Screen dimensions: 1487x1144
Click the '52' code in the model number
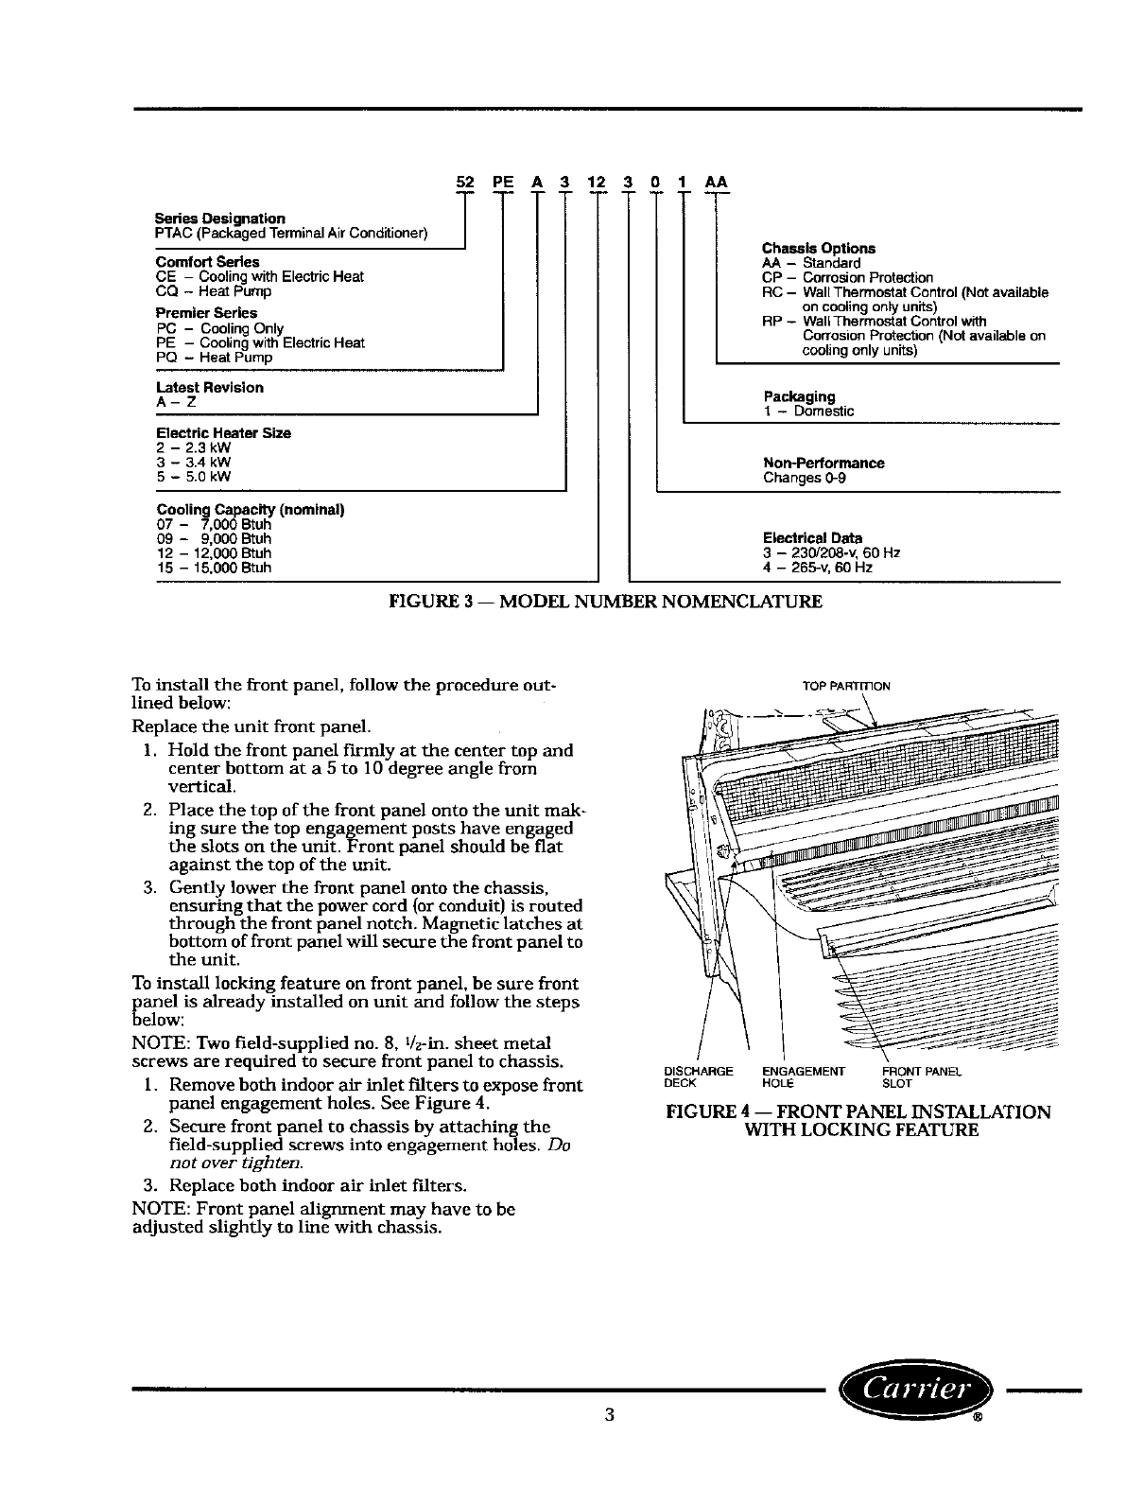pyautogui.click(x=464, y=180)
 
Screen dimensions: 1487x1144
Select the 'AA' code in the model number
pyautogui.click(x=716, y=180)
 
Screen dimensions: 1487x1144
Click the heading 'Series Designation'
pyautogui.click(x=220, y=219)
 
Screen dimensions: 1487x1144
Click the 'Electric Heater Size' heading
pyautogui.click(x=223, y=433)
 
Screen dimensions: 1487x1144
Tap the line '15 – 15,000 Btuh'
pyautogui.click(x=214, y=568)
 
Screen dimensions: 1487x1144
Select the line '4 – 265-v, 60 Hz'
pyautogui.click(x=818, y=568)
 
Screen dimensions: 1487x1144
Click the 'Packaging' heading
pyautogui.click(x=799, y=396)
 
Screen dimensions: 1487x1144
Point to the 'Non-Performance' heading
pyautogui.click(x=823, y=464)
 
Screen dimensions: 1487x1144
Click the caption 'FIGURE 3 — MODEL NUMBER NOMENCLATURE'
pyautogui.click(x=606, y=601)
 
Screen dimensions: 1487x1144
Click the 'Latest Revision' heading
pyautogui.click(x=209, y=388)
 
